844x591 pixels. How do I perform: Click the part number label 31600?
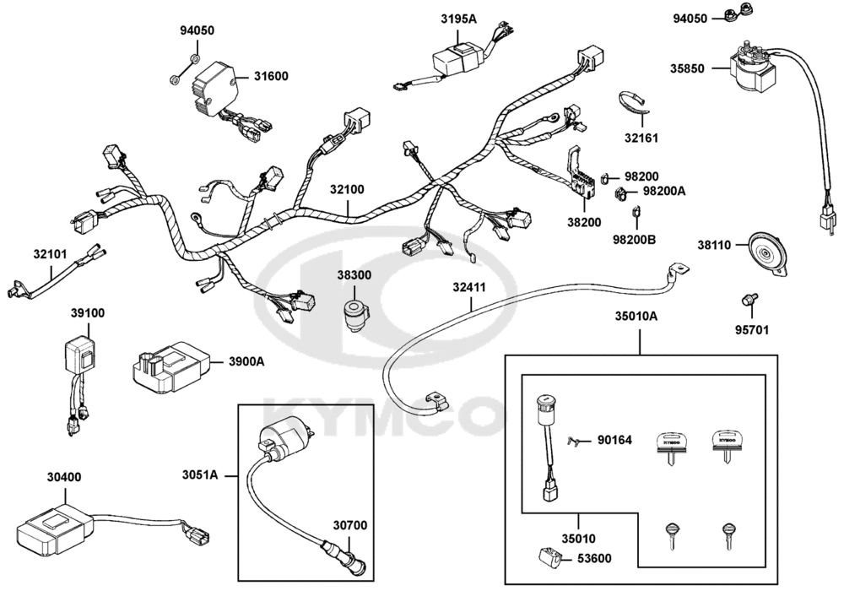coord(270,76)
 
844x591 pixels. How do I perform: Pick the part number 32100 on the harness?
coord(347,190)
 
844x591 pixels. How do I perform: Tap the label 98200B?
coord(634,240)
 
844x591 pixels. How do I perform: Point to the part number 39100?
coord(87,312)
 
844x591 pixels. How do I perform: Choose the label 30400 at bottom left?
coord(64,477)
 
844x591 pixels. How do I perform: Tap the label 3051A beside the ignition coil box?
coord(200,476)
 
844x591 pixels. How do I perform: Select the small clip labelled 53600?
coord(545,558)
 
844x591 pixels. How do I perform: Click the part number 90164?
coord(614,439)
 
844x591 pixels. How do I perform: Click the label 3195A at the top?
coord(458,19)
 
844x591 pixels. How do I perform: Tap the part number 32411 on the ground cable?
coord(468,287)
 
